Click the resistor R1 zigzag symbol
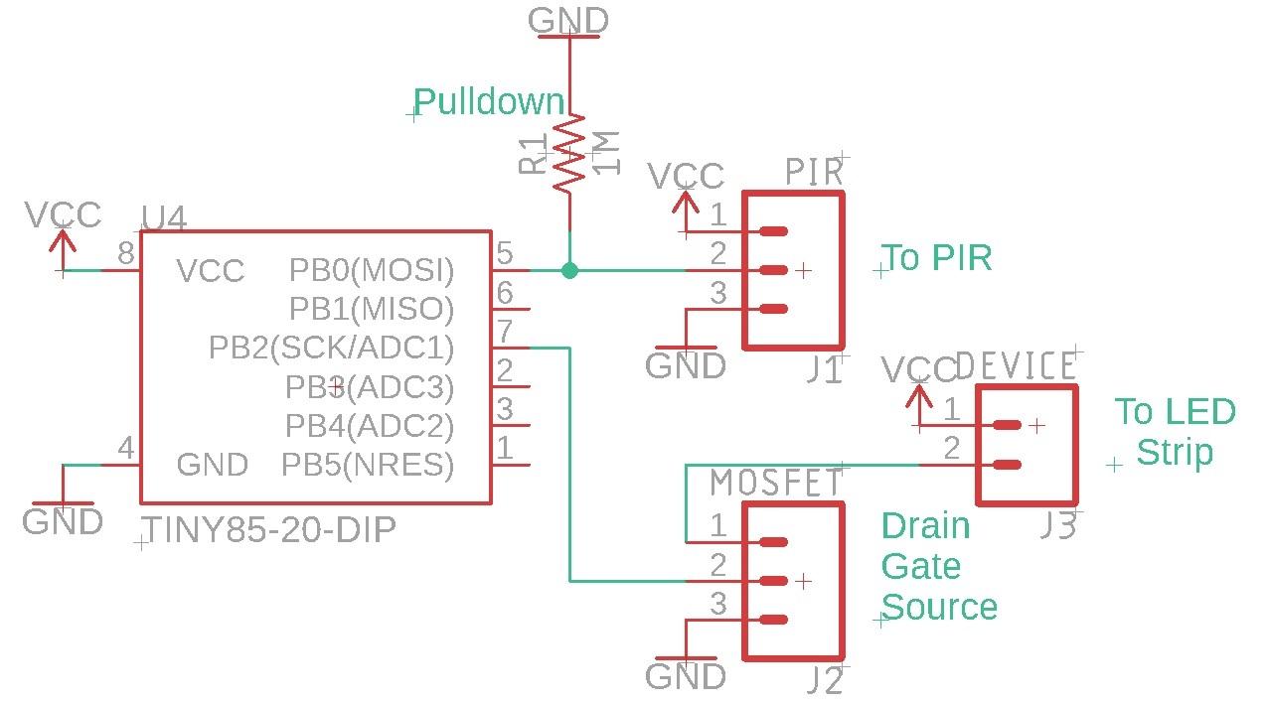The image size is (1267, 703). [569, 154]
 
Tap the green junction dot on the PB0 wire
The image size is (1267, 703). [569, 270]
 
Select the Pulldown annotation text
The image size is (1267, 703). [489, 102]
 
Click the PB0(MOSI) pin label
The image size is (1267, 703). [371, 270]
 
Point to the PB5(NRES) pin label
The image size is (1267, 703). [368, 465]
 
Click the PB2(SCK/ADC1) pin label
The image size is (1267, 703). [331, 348]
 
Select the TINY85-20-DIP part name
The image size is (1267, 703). [269, 530]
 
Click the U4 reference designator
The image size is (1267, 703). [164, 218]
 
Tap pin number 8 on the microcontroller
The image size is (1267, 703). [126, 254]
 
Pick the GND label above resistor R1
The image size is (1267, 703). [568, 21]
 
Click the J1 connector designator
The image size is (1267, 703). [824, 370]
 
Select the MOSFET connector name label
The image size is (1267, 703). [776, 484]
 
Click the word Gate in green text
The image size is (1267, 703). [921, 567]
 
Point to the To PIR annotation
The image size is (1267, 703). [937, 258]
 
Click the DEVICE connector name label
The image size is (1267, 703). [1016, 366]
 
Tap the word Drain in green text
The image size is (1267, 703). [925, 525]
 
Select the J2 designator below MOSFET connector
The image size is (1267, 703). [824, 681]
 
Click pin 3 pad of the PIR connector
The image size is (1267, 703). [772, 309]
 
